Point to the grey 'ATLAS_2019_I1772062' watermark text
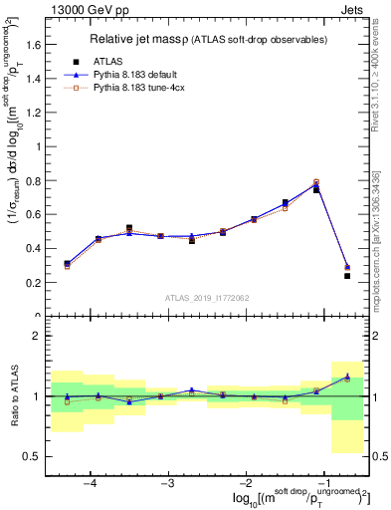(x=207, y=298)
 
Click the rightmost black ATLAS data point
(x=347, y=275)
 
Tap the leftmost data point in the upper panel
(x=67, y=264)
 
